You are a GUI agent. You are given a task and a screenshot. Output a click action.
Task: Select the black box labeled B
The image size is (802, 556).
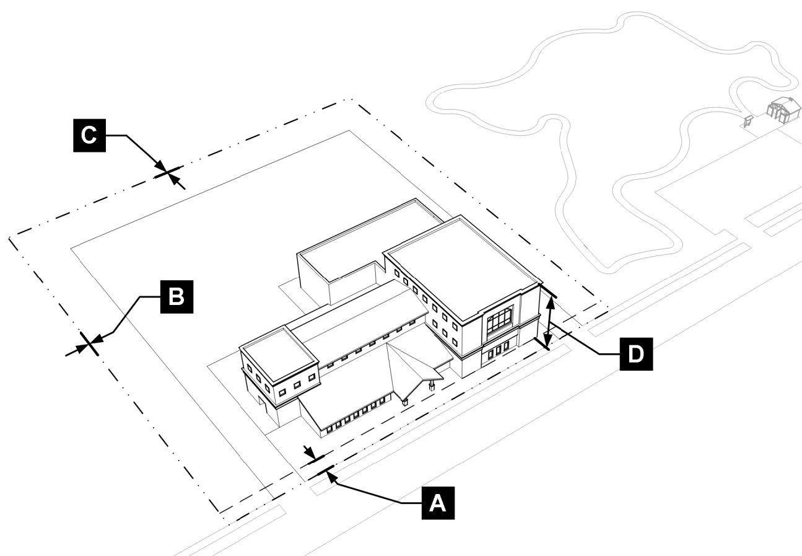point(176,296)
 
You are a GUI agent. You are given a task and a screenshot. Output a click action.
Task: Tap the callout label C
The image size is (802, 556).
point(90,135)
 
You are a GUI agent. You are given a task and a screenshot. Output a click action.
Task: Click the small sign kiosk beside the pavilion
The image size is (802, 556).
point(748,120)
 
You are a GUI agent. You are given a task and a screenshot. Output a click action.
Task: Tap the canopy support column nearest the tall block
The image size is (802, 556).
point(432,385)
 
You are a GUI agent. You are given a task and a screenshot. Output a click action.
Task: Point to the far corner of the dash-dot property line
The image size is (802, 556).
point(351,99)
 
